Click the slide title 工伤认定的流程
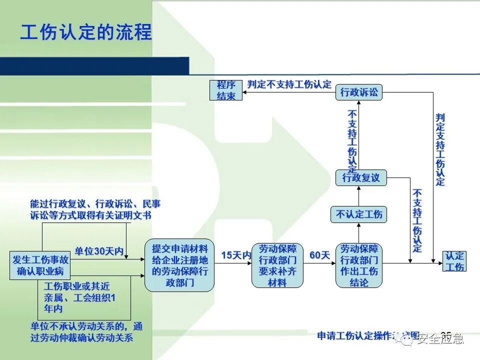pos(85,32)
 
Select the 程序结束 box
pos(226,90)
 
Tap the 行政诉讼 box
pos(359,92)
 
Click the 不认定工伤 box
pos(359,214)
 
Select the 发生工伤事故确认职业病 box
pos(40,265)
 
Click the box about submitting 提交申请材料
pos(179,265)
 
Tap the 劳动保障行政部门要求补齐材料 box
pos(277,265)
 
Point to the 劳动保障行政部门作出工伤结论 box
pos(359,265)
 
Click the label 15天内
pos(236,255)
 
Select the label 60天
pos(320,255)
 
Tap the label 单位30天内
pos(99,251)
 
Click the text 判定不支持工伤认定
pos(289,84)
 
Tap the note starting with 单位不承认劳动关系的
pos(86,332)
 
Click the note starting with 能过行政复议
pos(95,209)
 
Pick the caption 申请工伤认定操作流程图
pos(368,335)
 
